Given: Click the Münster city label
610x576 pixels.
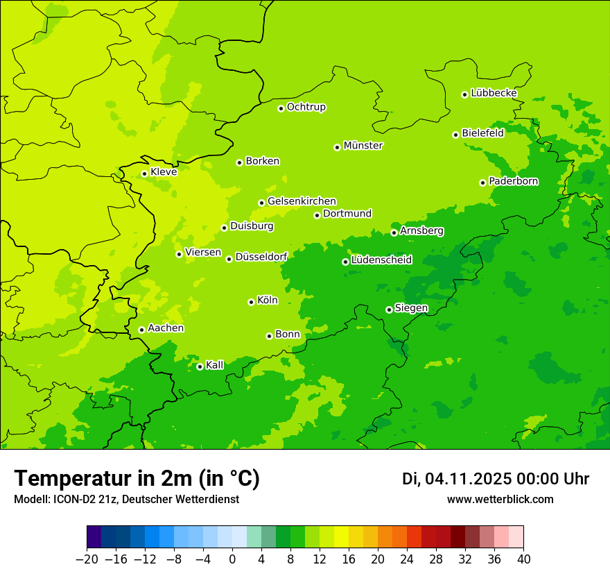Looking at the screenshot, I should click(363, 146).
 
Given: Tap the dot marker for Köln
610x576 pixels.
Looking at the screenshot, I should click(251, 302).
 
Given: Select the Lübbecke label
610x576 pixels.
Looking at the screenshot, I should click(494, 93).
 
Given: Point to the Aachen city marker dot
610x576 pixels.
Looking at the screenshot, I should click(141, 330).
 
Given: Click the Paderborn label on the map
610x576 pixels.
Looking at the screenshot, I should click(513, 181).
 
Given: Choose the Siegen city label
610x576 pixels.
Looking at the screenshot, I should click(411, 308).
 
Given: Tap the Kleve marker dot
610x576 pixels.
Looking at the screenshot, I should click(144, 173).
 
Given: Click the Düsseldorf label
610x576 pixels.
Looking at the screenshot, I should click(261, 257).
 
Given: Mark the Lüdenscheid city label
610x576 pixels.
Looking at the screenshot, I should click(381, 260).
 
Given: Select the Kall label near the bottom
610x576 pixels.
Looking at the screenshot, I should click(215, 365).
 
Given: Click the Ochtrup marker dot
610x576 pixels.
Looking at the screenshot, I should click(281, 108).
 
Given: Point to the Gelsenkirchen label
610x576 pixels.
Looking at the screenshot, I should click(302, 201).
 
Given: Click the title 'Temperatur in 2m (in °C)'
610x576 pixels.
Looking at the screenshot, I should click(137, 479).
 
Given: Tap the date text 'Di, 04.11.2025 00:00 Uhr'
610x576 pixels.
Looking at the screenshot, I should click(496, 479).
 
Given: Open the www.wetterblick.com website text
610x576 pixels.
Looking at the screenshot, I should click(500, 499).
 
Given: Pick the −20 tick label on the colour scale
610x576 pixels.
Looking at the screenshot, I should click(87, 559).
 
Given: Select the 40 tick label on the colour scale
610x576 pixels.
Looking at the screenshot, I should click(523, 559).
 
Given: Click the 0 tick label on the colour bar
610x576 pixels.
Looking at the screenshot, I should click(232, 559).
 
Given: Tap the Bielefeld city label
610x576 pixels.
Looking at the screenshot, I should click(482, 133).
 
